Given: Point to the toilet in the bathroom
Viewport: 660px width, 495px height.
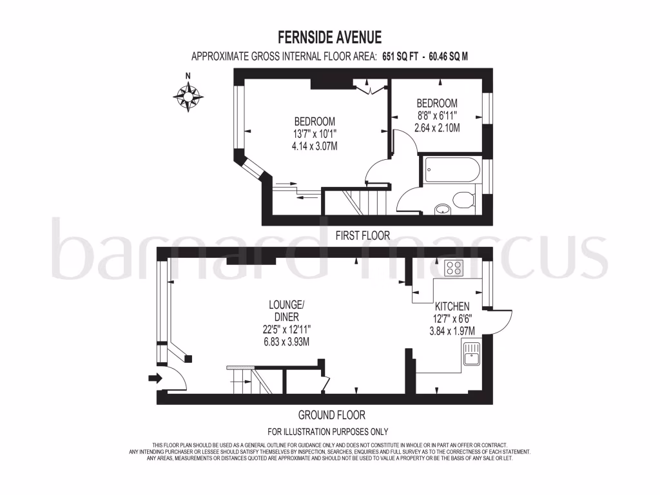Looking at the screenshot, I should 462,200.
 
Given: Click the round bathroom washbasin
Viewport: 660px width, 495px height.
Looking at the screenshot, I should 443,208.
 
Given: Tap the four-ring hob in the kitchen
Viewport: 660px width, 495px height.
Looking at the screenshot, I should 453,268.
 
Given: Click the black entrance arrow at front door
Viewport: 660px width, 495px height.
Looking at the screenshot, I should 155,378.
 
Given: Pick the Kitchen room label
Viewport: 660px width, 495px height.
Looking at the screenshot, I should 452,307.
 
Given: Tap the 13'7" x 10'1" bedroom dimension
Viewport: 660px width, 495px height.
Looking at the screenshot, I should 315,134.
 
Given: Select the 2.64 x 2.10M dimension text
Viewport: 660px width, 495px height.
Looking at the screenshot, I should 437,128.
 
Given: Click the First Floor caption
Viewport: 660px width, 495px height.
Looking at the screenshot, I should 363,236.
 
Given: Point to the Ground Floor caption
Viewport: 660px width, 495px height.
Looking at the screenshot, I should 331,415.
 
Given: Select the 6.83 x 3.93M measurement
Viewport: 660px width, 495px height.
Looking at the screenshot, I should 282,342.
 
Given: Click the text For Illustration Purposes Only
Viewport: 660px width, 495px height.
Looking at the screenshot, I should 327,432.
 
